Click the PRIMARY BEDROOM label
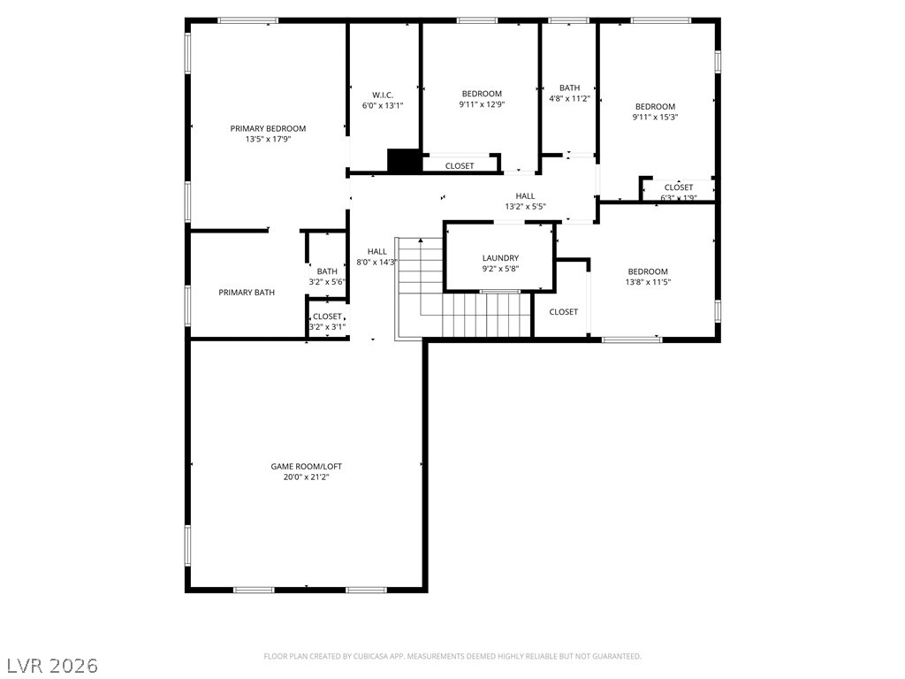coord(268,129)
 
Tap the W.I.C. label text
coord(383,95)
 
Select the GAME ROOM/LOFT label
coord(307,467)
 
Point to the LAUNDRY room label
coord(500,258)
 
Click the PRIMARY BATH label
coord(247,293)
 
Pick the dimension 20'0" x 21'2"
coord(306,477)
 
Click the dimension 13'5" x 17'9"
coord(268,139)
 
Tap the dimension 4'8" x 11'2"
coord(569,99)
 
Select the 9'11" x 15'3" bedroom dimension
coord(655,118)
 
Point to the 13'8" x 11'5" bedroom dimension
coord(648,282)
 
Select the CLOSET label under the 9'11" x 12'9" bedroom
coord(460,166)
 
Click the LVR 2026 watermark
coord(52,666)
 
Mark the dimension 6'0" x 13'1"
coord(383,106)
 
